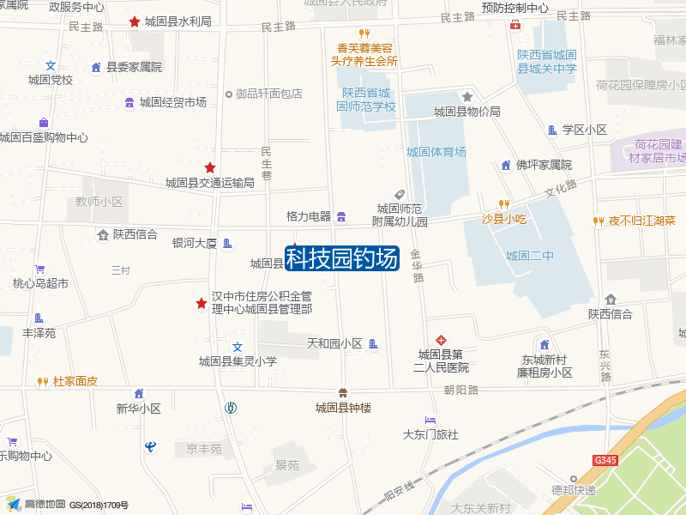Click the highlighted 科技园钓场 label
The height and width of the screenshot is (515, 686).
tap(342, 257)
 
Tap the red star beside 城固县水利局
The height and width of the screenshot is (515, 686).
tap(135, 21)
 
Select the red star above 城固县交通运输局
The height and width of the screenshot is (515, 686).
tap(209, 167)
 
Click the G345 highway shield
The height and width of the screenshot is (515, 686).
tap(605, 461)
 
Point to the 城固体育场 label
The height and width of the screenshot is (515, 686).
tap(436, 152)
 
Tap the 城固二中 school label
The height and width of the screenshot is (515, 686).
tap(530, 255)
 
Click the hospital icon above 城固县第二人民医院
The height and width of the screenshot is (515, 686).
tap(442, 340)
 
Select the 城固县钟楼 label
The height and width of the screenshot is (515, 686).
tap(343, 408)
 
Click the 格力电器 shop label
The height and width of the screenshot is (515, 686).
tap(309, 216)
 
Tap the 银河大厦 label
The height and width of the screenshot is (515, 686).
tap(195, 243)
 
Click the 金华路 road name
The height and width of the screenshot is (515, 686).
tap(417, 266)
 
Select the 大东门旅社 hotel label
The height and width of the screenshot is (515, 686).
tap(430, 434)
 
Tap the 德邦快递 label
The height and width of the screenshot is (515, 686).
tap(574, 490)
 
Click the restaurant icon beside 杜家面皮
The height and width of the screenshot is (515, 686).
tap(42, 381)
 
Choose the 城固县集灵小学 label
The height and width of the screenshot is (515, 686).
tap(238, 361)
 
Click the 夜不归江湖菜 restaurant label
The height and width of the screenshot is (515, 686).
tap(642, 221)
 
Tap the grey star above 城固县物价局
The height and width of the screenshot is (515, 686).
tap(467, 97)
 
